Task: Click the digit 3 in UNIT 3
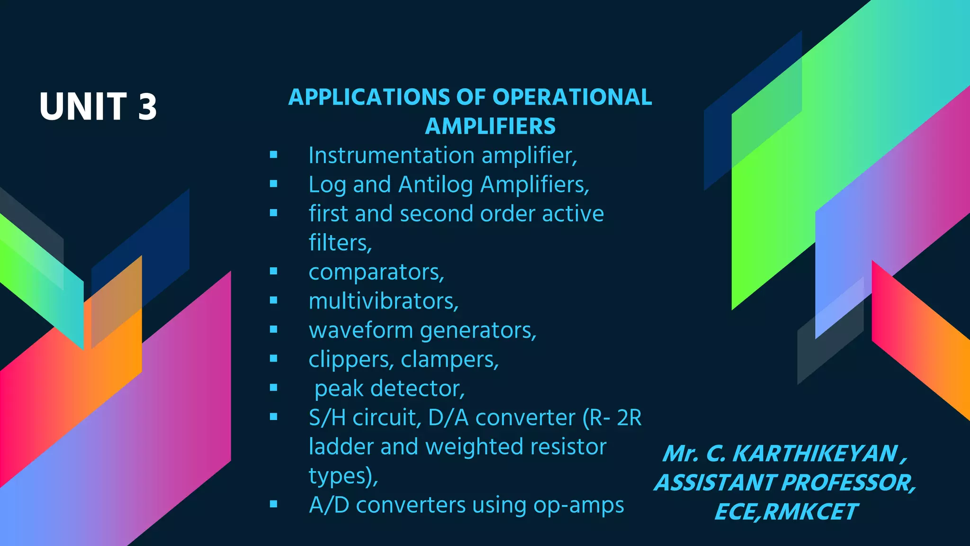[x=147, y=106]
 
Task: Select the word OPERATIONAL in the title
[x=572, y=97]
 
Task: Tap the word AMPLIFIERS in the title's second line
[x=490, y=126]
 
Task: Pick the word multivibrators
[x=383, y=301]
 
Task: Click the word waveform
[x=360, y=330]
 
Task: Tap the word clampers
[x=449, y=360]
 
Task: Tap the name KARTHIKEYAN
[x=815, y=454]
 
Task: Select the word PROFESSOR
[x=848, y=483]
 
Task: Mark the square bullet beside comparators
[x=273, y=272]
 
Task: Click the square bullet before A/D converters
[x=273, y=504]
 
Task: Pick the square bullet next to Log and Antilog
[x=273, y=184]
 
